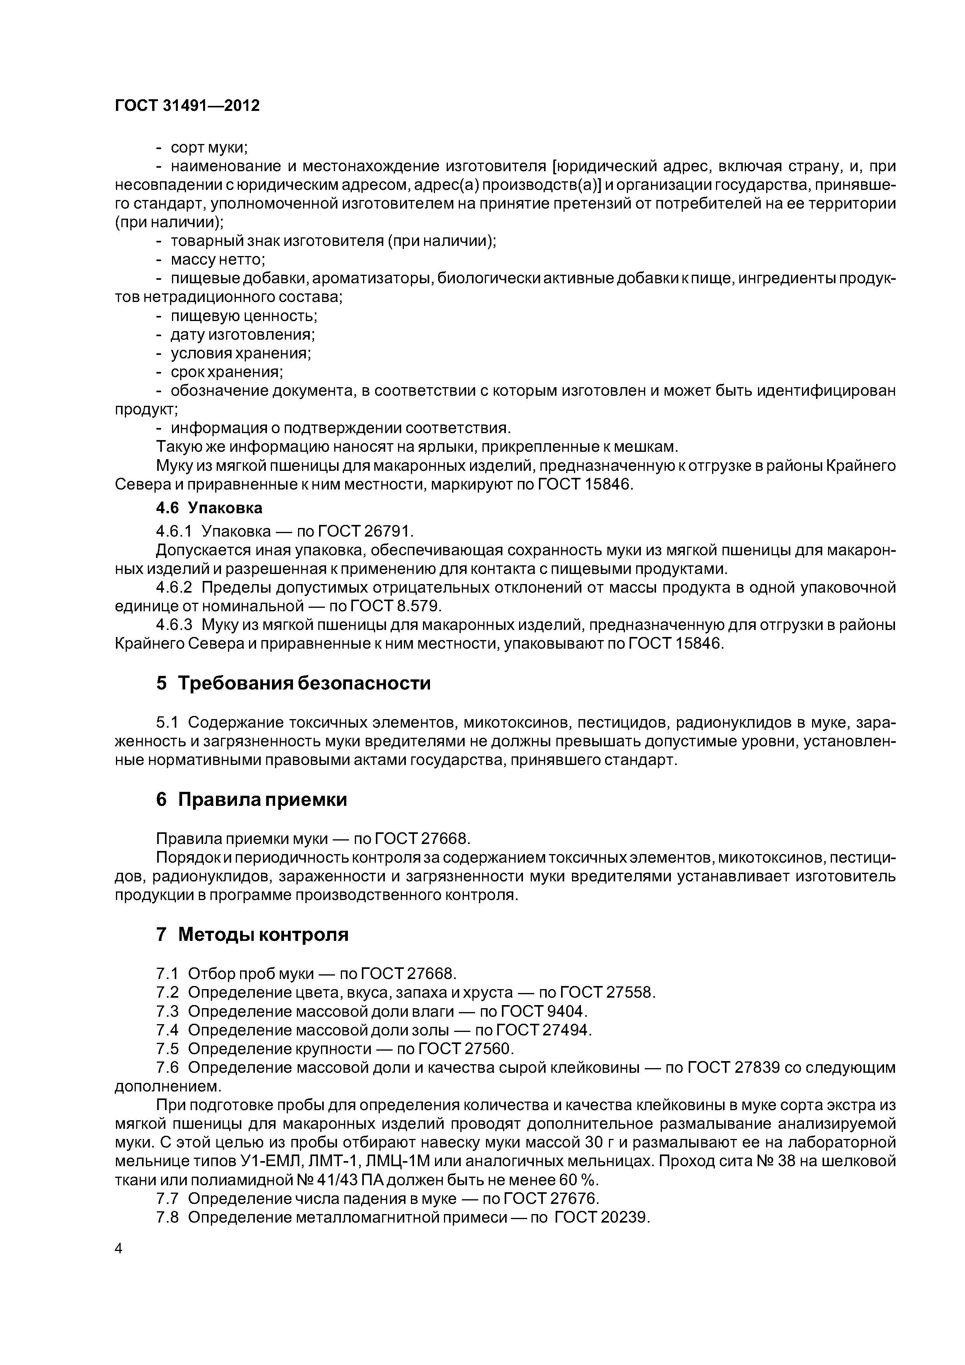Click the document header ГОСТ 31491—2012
point(187,106)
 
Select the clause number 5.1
point(167,723)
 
